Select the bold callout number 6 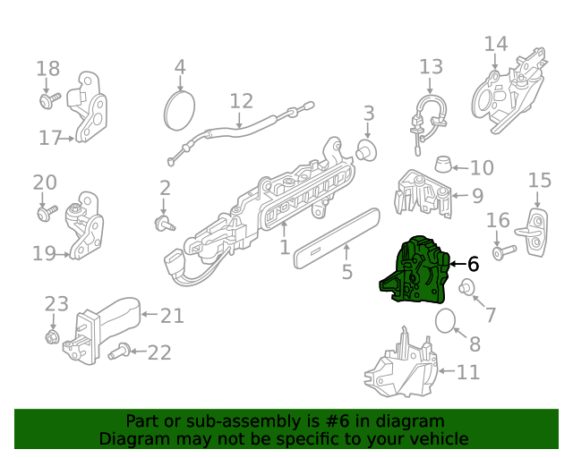[474, 264]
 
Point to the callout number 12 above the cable [241, 101]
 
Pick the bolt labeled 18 [50, 99]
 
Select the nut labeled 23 [52, 336]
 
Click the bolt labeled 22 [119, 351]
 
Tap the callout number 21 [172, 316]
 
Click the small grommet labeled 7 [466, 287]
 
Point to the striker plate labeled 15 [535, 232]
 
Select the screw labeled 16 [505, 251]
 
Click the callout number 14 [496, 44]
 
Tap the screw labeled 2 [165, 224]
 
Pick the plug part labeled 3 [366, 150]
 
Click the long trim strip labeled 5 [337, 238]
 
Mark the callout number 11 [468, 372]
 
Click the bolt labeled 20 [47, 213]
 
